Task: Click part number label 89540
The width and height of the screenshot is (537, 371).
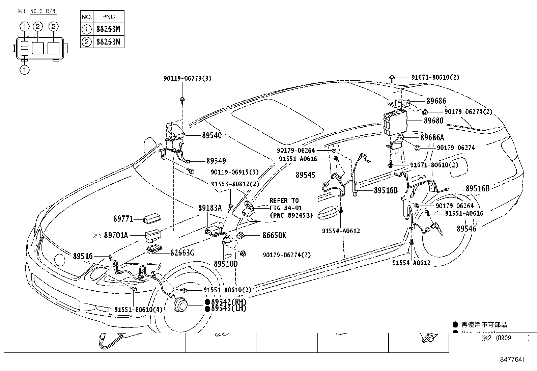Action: pyautogui.click(x=212, y=135)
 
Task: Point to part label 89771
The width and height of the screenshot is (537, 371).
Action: pyautogui.click(x=123, y=219)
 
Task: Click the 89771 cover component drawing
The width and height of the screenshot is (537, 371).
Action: pyautogui.click(x=151, y=219)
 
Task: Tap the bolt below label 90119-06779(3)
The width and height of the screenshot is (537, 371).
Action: pyautogui.click(x=182, y=99)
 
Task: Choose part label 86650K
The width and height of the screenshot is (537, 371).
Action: pyautogui.click(x=274, y=235)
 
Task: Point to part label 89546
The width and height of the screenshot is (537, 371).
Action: pyautogui.click(x=467, y=229)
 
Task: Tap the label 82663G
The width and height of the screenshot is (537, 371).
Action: pyautogui.click(x=182, y=253)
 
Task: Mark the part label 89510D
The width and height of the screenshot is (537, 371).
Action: pyautogui.click(x=226, y=264)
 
